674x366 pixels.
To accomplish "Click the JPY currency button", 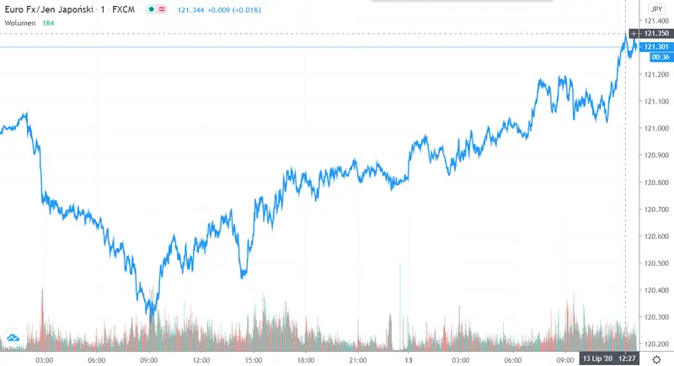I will click(655, 9).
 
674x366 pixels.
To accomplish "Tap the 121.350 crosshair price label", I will click(655, 33).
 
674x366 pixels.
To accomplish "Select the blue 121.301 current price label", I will click(655, 46).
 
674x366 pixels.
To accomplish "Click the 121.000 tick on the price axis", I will click(655, 129).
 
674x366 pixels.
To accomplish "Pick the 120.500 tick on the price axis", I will click(655, 263).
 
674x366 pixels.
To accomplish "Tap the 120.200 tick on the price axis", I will click(655, 344).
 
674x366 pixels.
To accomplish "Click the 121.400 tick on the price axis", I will click(655, 20).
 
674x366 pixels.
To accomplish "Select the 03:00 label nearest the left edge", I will click(45, 359).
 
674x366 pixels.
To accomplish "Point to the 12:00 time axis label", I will click(201, 359).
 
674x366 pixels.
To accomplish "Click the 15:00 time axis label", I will click(254, 359).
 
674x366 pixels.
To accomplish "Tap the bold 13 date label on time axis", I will click(408, 359).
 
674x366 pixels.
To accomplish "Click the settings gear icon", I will click(655, 359).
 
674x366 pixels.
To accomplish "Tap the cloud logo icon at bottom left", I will click(13, 338).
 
